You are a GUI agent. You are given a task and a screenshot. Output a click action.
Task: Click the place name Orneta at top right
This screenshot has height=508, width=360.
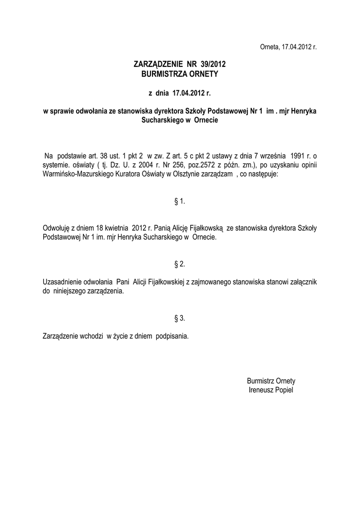(270, 47)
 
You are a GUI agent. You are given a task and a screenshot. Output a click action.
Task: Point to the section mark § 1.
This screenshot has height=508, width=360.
(180, 201)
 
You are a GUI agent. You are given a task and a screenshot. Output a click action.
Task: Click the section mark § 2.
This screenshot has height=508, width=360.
(180, 263)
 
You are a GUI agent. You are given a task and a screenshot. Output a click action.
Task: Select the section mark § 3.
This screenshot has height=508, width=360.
(180, 317)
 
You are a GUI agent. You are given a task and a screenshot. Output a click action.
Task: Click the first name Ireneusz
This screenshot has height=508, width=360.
(259, 390)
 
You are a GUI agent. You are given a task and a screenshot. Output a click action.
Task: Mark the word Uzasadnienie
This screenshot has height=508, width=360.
(65, 281)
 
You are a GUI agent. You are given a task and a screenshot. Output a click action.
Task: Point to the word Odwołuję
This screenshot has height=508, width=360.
(59, 228)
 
